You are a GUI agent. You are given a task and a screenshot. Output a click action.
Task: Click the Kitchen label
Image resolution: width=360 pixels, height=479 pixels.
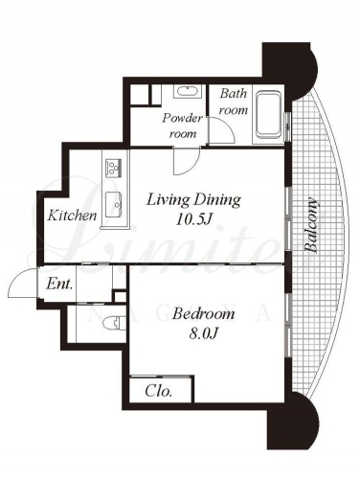(x=72, y=216)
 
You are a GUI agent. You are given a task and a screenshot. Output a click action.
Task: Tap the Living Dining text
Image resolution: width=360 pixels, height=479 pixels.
(x=193, y=200)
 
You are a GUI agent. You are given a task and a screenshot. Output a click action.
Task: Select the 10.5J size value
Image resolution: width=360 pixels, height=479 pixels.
(x=194, y=219)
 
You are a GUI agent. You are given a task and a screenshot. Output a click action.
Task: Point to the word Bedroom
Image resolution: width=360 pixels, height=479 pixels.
(x=203, y=314)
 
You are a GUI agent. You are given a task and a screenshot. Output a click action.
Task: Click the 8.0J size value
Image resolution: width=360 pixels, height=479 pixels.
(x=203, y=333)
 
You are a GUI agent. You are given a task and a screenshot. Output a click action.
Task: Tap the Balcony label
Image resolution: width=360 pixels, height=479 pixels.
(x=310, y=225)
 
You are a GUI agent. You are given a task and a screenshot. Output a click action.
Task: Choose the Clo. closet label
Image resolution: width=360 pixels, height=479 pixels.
(x=159, y=391)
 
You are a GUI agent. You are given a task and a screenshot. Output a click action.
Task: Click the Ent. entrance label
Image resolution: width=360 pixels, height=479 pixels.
(x=59, y=284)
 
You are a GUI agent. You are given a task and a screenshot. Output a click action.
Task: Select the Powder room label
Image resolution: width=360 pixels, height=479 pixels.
(x=182, y=125)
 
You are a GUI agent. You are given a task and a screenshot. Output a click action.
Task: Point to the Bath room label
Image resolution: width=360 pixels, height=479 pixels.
(x=234, y=102)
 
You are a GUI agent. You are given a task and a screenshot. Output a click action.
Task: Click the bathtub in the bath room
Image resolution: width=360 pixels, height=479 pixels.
(x=269, y=116)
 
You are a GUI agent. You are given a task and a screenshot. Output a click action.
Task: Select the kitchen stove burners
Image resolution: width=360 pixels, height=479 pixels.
(x=114, y=167)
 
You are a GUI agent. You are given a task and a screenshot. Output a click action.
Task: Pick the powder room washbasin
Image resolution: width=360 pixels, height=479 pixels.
(x=188, y=92)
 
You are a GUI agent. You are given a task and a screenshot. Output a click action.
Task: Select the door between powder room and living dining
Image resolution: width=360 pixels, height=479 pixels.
(x=187, y=161)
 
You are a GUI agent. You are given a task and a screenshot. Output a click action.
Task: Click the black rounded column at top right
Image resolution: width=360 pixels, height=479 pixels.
(x=290, y=70)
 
